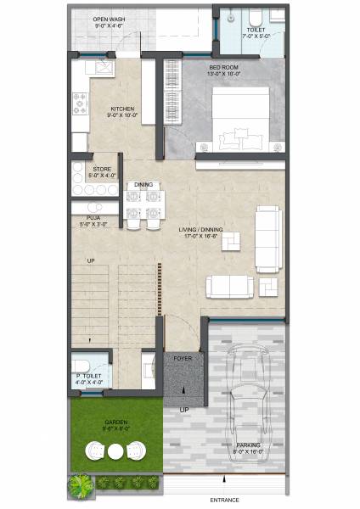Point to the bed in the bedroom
click(x=240, y=119)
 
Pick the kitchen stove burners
click(x=81, y=103)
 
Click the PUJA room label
click(x=93, y=221)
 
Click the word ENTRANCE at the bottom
click(x=224, y=501)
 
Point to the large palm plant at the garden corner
click(x=80, y=484)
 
